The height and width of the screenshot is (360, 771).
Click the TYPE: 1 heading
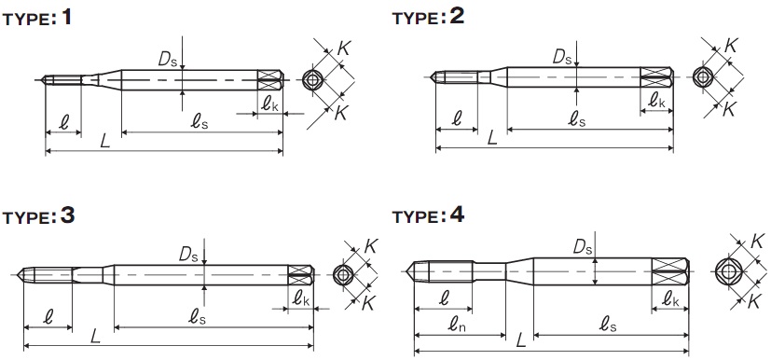37,19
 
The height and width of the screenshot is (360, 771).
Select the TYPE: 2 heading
428,17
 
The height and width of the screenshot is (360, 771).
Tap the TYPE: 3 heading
38,216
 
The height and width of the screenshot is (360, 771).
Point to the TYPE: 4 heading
428,216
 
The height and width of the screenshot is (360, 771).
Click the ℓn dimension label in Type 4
457,324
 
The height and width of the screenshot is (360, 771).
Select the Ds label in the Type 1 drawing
165,59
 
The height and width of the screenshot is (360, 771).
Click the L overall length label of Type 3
95,337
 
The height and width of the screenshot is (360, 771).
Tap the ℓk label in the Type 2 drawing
656,101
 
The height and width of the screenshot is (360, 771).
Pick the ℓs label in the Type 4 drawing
608,324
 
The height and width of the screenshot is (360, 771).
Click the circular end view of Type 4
725,271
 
